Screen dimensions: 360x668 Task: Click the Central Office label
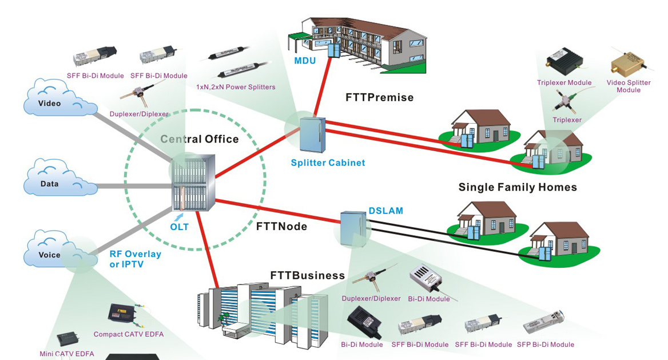(x=199, y=139)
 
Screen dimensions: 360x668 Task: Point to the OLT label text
(x=179, y=227)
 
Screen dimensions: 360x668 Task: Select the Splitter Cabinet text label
(x=328, y=163)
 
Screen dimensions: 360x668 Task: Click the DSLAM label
(x=386, y=211)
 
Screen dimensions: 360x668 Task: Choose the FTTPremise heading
(x=379, y=97)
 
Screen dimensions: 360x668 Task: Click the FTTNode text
(x=281, y=227)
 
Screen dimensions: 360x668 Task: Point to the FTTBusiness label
(x=308, y=276)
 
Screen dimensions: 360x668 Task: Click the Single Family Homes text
(x=518, y=187)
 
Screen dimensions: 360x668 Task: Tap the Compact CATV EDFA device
(x=121, y=314)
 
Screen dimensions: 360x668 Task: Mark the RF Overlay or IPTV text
(x=135, y=259)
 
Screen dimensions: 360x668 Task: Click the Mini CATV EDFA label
(x=67, y=354)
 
